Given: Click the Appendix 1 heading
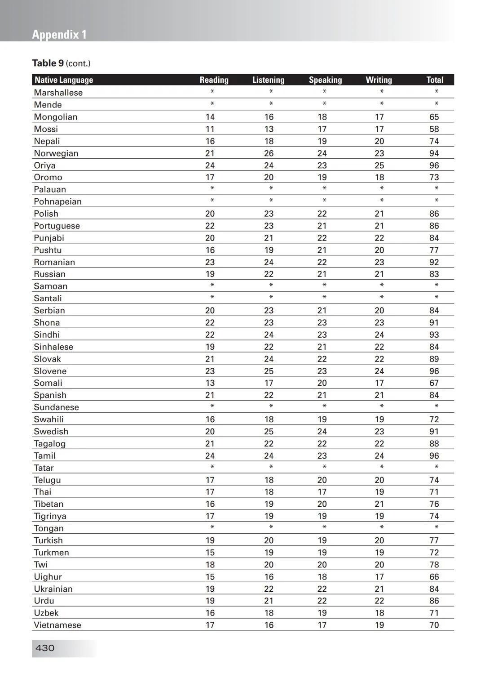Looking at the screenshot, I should (x=59, y=35).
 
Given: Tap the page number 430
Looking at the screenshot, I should (x=45, y=648).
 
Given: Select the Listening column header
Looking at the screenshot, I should (x=268, y=80).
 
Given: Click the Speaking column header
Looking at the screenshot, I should (x=325, y=80).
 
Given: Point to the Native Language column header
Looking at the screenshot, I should (x=64, y=80).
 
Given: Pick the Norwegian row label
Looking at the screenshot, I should (x=56, y=153).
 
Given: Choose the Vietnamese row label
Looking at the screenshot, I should (x=57, y=625).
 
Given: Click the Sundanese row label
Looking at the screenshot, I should (x=56, y=407).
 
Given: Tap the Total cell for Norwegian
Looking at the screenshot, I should (x=434, y=153).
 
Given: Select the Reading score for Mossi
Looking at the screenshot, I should (x=210, y=129).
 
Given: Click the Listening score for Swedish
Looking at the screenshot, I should (x=269, y=432).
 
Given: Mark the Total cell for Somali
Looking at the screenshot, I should (x=434, y=383).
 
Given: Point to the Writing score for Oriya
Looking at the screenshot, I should (x=379, y=165).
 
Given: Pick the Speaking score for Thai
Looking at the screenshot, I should (x=322, y=492).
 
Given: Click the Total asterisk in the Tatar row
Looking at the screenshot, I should (x=436, y=467).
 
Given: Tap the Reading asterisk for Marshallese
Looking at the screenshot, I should (x=212, y=92).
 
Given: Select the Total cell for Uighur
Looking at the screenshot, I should (x=434, y=577).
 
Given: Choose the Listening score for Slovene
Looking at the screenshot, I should (x=269, y=371).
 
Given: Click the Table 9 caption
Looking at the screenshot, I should (x=61, y=63).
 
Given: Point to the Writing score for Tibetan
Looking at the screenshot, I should (x=379, y=504).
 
